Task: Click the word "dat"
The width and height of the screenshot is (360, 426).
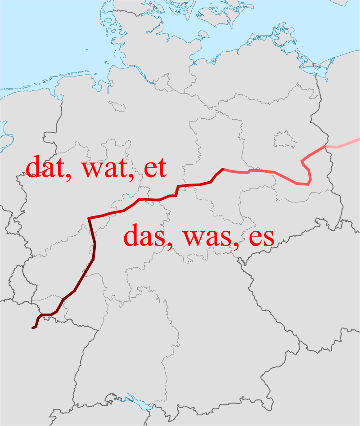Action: [x=44, y=167]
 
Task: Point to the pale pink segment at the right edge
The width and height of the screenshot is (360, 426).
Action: [x=344, y=145]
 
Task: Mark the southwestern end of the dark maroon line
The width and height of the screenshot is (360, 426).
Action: [x=33, y=328]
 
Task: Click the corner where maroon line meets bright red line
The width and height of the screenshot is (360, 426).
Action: [x=90, y=218]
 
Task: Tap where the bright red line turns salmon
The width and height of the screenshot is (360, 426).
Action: [x=223, y=169]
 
